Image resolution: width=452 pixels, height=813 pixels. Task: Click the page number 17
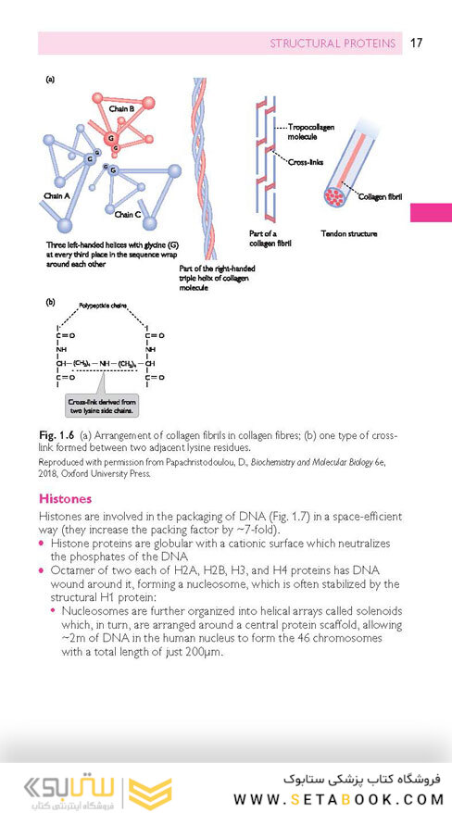(416, 43)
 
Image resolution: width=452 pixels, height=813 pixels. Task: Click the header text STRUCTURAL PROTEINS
(332, 44)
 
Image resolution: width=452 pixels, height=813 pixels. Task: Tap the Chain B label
(122, 108)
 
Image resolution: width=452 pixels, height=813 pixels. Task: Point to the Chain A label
(57, 196)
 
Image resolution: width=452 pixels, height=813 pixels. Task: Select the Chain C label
(128, 214)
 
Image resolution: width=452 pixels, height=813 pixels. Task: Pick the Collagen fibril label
(383, 196)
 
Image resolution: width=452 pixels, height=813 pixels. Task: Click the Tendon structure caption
(348, 233)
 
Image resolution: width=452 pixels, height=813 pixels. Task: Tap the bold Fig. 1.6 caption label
(56, 434)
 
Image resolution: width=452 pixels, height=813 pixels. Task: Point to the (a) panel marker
(50, 80)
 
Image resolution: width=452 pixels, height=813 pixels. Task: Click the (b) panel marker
(50, 302)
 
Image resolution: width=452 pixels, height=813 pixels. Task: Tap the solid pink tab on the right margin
(431, 212)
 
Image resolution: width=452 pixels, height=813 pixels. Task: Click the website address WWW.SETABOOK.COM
(339, 799)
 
